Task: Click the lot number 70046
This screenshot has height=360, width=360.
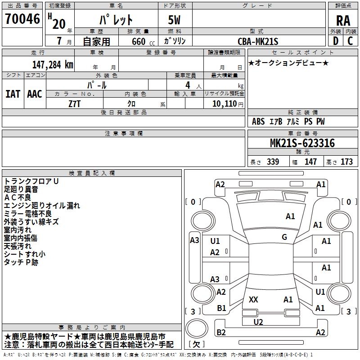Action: (x=22, y=19)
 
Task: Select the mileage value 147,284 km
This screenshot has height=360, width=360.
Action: (x=53, y=64)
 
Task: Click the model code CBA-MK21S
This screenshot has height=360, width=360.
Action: (x=258, y=41)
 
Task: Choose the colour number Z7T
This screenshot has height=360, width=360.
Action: (x=75, y=103)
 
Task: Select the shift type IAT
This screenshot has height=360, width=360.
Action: (x=13, y=94)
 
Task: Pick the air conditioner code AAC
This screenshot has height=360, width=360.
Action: (x=35, y=94)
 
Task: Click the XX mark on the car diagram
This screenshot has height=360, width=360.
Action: (x=253, y=299)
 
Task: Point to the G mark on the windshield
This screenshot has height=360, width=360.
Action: (x=284, y=237)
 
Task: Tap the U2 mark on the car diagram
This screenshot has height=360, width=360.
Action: (x=258, y=322)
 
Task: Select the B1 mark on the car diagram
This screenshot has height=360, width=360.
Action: (x=221, y=308)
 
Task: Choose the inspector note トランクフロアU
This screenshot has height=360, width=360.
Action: (x=31, y=181)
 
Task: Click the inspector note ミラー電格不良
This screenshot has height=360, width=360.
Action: (x=27, y=214)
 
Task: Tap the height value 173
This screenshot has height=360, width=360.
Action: (x=346, y=162)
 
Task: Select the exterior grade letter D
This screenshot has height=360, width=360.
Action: (x=335, y=41)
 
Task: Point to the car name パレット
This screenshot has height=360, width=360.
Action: (x=116, y=20)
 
